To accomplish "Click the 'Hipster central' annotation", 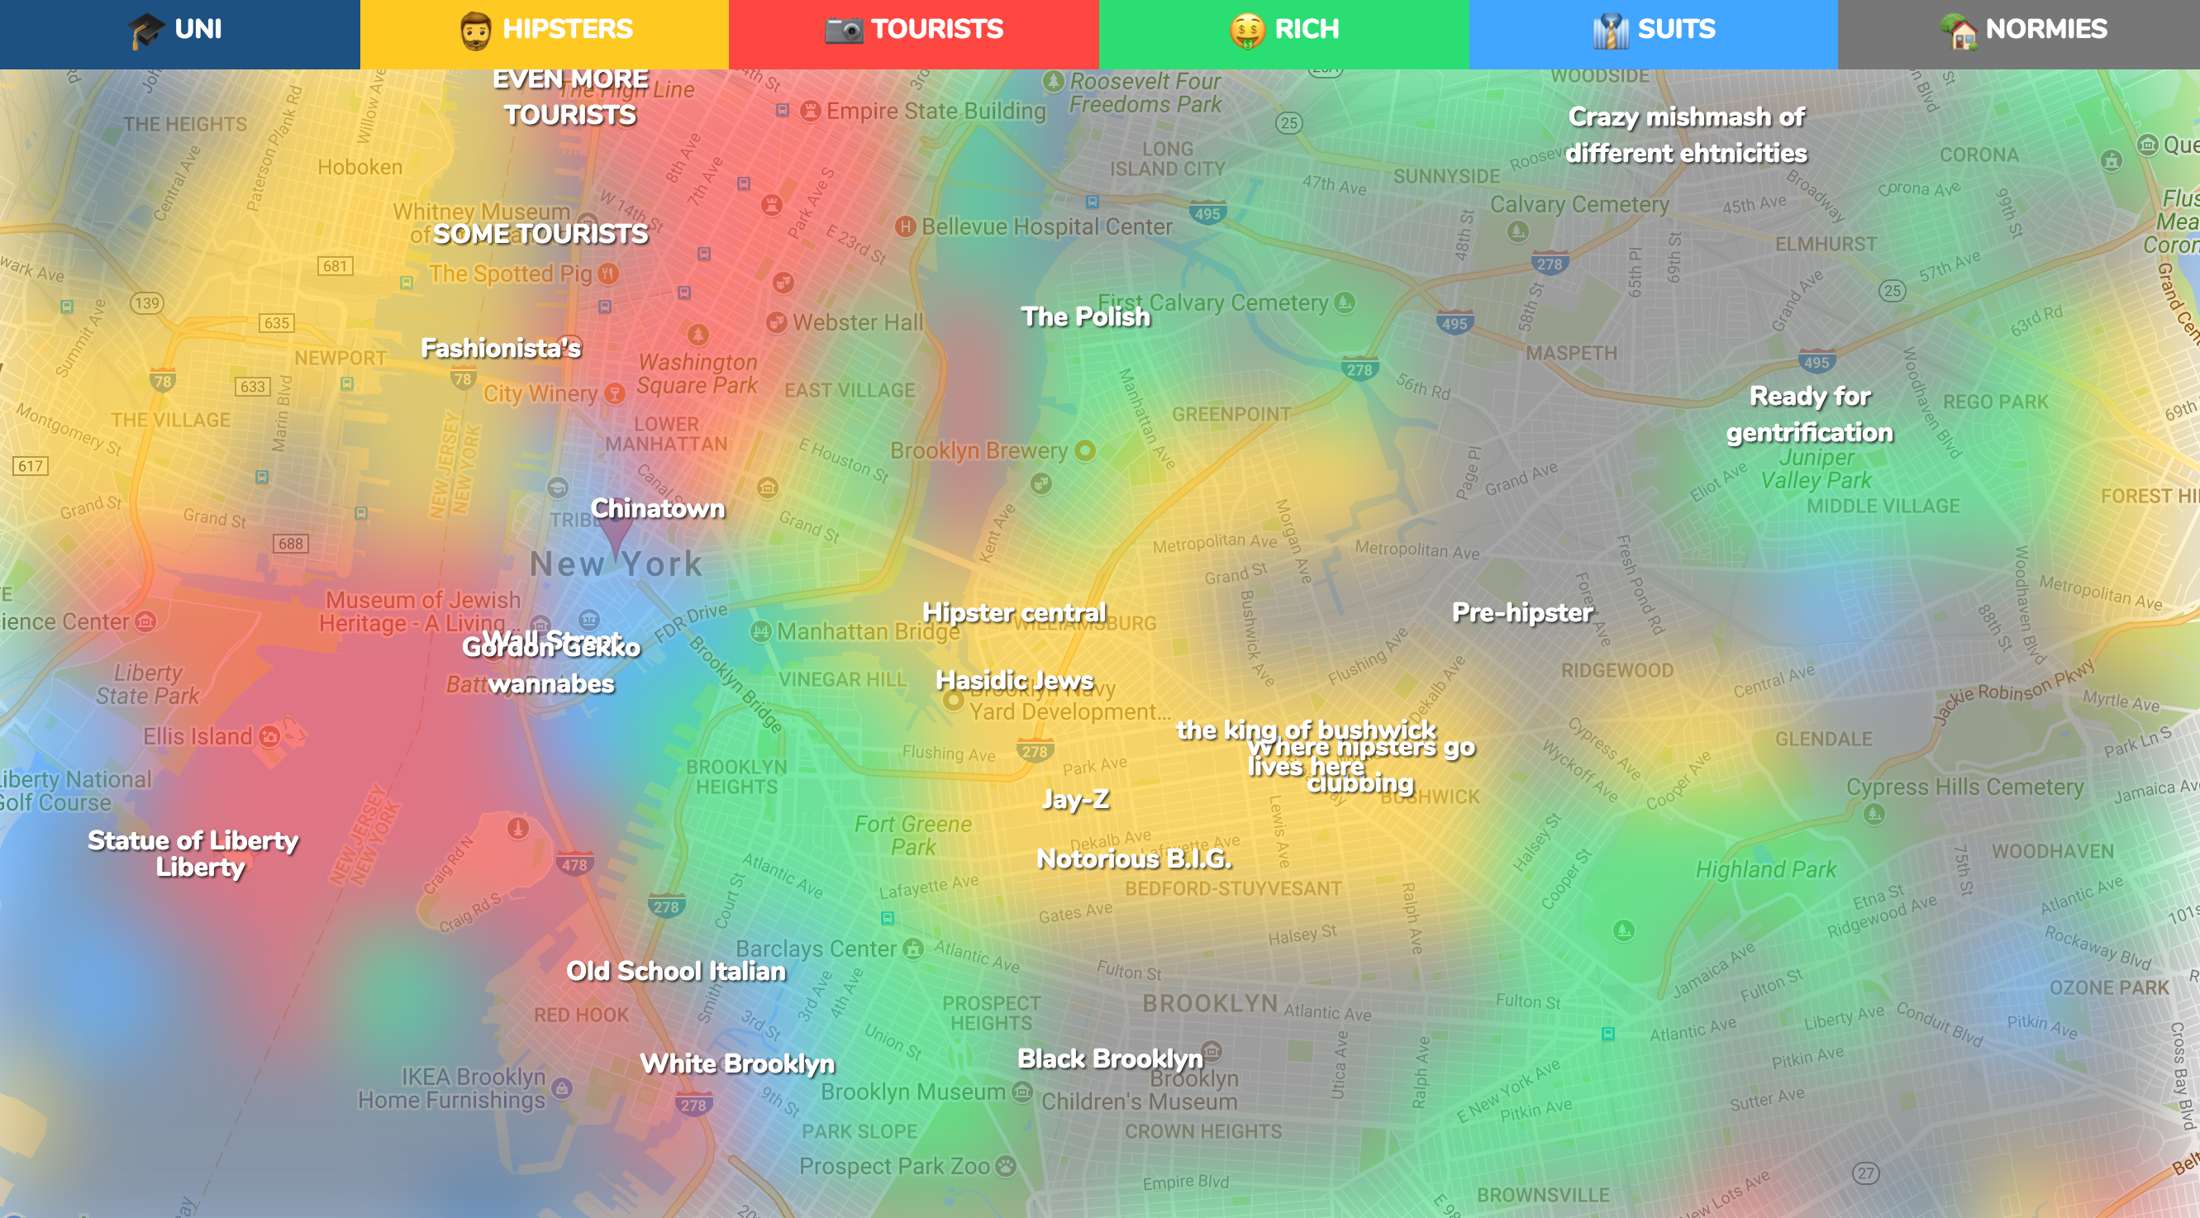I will (x=1014, y=612).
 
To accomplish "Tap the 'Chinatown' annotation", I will (x=658, y=509).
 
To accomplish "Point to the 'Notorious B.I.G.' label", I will (x=1134, y=859).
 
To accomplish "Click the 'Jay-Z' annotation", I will (x=1075, y=798).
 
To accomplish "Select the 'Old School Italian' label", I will (x=675, y=971).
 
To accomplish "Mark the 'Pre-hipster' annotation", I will (x=1521, y=612).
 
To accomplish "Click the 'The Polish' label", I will (x=1085, y=316).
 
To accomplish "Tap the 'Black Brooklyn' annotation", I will (x=1109, y=1059).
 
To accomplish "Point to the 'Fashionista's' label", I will (x=501, y=349).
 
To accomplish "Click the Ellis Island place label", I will (x=198, y=736).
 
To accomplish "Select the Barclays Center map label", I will (x=816, y=949).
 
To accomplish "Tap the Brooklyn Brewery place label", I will (x=979, y=451).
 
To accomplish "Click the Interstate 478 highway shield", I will (x=574, y=864).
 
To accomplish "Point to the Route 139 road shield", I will (x=147, y=303).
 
